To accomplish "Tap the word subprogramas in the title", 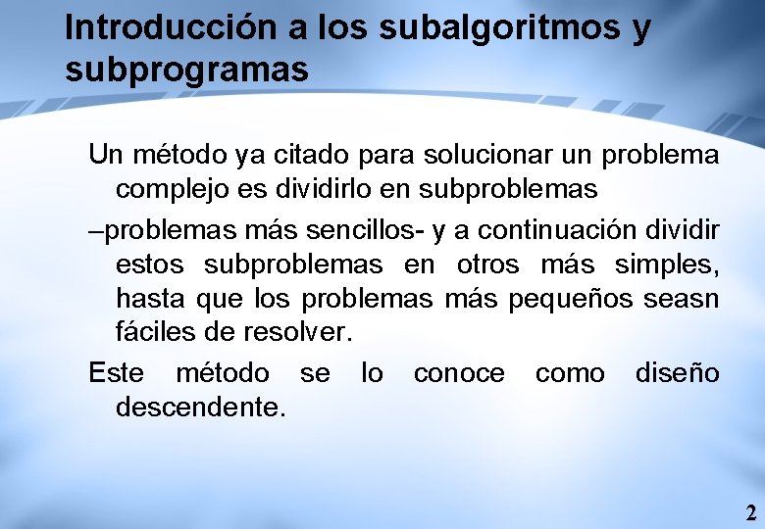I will pos(186,70).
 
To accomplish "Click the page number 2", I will pos(750,512).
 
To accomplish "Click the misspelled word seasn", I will pos(682,298).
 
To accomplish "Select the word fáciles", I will pos(156,331).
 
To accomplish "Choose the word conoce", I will pos(459,373).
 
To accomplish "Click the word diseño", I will pos(677,373).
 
